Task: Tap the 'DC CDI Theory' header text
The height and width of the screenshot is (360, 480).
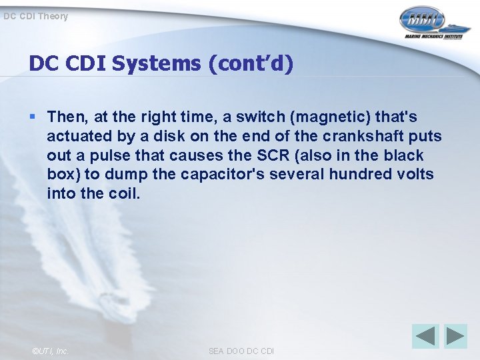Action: tap(35, 15)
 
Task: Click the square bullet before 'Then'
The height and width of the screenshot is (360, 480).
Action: tap(33, 117)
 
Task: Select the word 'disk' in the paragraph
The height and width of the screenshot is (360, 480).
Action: tap(175, 137)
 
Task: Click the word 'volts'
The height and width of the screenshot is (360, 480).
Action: tap(416, 175)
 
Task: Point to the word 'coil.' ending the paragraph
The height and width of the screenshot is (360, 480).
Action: tap(127, 194)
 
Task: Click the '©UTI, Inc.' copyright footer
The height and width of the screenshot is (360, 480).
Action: tap(50, 351)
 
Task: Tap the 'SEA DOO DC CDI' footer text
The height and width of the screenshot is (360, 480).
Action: tap(241, 351)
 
